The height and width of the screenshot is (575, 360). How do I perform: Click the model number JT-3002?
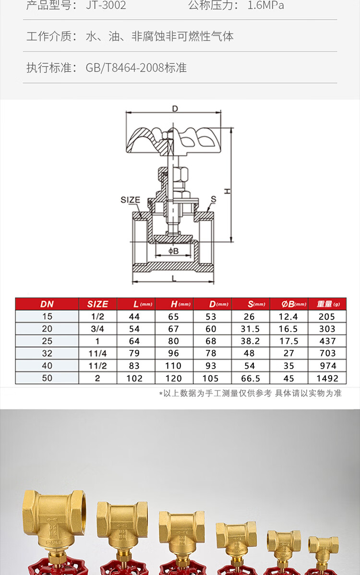(106, 5)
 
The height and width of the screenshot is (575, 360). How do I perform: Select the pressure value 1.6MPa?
(266, 5)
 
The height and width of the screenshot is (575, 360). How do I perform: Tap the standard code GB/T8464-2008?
(125, 68)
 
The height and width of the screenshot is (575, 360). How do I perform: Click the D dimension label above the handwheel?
(175, 108)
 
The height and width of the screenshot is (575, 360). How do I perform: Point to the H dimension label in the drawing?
(228, 191)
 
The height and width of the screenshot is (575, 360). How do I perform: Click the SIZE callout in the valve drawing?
(130, 200)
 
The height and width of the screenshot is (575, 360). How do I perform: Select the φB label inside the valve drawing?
(173, 251)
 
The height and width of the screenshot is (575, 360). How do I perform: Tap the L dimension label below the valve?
(174, 278)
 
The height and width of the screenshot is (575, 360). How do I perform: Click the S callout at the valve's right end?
(214, 199)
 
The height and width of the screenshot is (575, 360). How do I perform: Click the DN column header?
(47, 304)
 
